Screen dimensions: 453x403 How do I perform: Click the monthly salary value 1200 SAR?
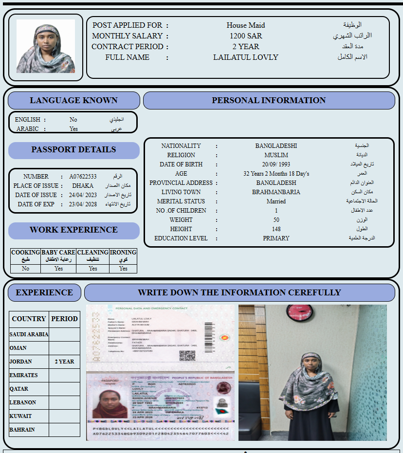point(246,36)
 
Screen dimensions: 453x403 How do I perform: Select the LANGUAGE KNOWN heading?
point(73,100)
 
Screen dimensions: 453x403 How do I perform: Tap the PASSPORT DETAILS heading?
point(73,150)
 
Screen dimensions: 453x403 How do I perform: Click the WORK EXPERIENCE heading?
point(73,230)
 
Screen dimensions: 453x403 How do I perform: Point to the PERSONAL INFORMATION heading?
point(269,100)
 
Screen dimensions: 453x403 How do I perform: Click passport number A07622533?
point(83,177)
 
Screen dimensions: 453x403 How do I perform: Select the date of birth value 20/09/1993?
point(276,164)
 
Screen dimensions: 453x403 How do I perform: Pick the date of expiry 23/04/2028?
point(83,204)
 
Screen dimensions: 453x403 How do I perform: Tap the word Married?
point(276,201)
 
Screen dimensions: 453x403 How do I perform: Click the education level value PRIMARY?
point(276,238)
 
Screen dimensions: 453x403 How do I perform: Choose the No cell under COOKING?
point(25,269)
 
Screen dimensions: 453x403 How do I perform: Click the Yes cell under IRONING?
point(123,269)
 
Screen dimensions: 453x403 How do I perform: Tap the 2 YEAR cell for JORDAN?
point(64,362)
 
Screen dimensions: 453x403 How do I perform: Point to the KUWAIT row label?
point(20,416)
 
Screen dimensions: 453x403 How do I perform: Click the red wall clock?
point(295,313)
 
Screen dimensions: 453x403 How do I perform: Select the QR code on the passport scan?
point(187,356)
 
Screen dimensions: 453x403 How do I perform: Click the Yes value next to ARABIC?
point(73,129)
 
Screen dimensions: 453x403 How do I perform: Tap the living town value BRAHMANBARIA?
point(276,192)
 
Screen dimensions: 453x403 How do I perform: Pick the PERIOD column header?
point(64,319)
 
